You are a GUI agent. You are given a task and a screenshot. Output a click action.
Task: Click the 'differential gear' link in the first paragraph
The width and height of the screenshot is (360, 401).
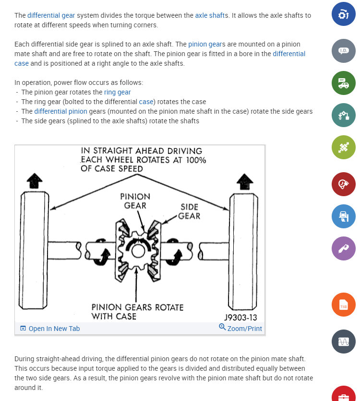tap(51, 15)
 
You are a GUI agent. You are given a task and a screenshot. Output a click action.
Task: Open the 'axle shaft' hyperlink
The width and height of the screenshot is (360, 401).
tap(209, 15)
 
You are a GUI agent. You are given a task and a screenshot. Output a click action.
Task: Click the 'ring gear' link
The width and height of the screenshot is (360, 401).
tap(117, 92)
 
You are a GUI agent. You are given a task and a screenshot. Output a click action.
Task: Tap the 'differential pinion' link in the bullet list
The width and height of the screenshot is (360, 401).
tap(60, 111)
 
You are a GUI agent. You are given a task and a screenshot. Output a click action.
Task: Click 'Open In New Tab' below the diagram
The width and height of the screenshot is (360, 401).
tap(50, 329)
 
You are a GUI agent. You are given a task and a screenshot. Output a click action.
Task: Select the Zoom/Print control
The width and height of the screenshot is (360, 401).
tap(240, 328)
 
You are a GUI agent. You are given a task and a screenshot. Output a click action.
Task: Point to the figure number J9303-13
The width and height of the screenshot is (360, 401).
tap(240, 318)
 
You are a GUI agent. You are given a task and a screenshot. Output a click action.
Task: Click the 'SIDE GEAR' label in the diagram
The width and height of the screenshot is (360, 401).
tap(189, 211)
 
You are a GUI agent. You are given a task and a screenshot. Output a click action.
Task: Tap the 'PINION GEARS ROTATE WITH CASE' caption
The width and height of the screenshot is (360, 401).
tap(137, 312)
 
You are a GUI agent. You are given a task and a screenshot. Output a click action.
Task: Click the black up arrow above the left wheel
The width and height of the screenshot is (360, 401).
tap(35, 181)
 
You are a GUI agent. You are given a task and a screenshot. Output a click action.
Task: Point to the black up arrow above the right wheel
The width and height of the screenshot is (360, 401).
tap(245, 181)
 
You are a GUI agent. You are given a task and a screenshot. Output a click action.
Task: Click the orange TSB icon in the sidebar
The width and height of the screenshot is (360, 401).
tap(343, 305)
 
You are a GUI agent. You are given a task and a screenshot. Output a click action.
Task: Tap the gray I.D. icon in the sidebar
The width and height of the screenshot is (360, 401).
tap(343, 50)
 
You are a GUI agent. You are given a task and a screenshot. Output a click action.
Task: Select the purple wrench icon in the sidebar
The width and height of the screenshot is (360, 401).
tap(343, 248)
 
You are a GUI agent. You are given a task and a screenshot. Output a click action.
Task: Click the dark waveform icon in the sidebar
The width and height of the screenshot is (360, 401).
tap(343, 342)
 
